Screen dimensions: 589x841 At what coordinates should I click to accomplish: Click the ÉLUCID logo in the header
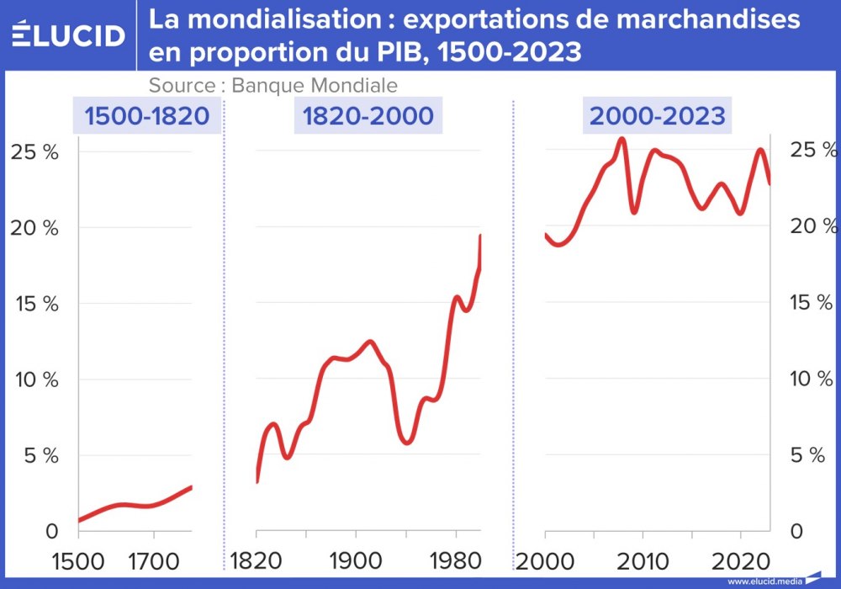69,34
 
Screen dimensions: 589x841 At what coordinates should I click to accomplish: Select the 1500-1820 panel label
146,115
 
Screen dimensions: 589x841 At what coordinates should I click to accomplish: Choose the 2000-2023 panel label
657,115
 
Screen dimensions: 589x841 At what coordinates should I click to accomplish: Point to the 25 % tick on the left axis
34,151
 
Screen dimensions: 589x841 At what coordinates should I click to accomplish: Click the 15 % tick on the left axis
34,304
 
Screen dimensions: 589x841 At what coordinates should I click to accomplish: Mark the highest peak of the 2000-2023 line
621,140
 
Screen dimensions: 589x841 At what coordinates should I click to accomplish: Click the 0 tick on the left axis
51,532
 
